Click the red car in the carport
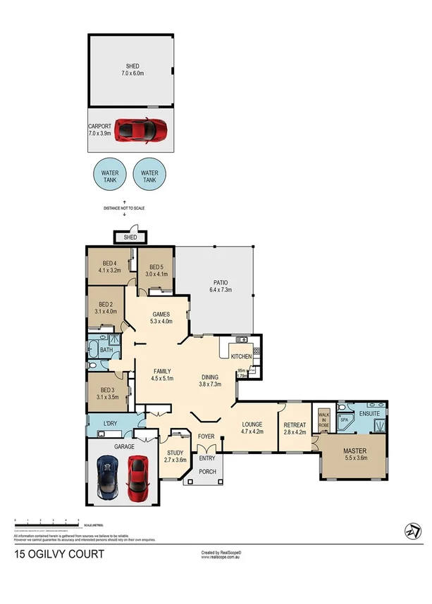(141, 129)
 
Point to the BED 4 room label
(110, 267)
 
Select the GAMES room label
(161, 318)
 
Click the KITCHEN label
(240, 356)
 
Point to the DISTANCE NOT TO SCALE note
(124, 208)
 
